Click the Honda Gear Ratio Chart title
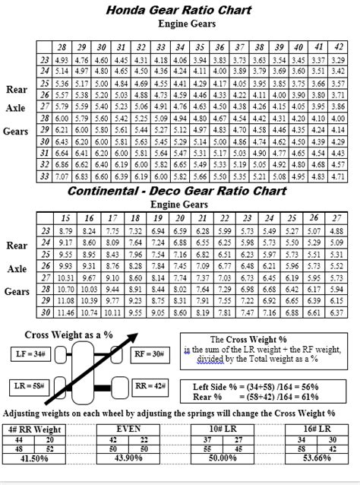click(180, 10)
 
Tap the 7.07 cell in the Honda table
click(62, 176)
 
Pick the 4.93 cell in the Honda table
click(62, 60)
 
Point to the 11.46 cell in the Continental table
click(67, 312)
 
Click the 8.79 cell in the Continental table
click(67, 230)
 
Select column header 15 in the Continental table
click(67, 217)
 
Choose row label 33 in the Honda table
click(44, 176)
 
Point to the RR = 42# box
click(150, 387)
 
